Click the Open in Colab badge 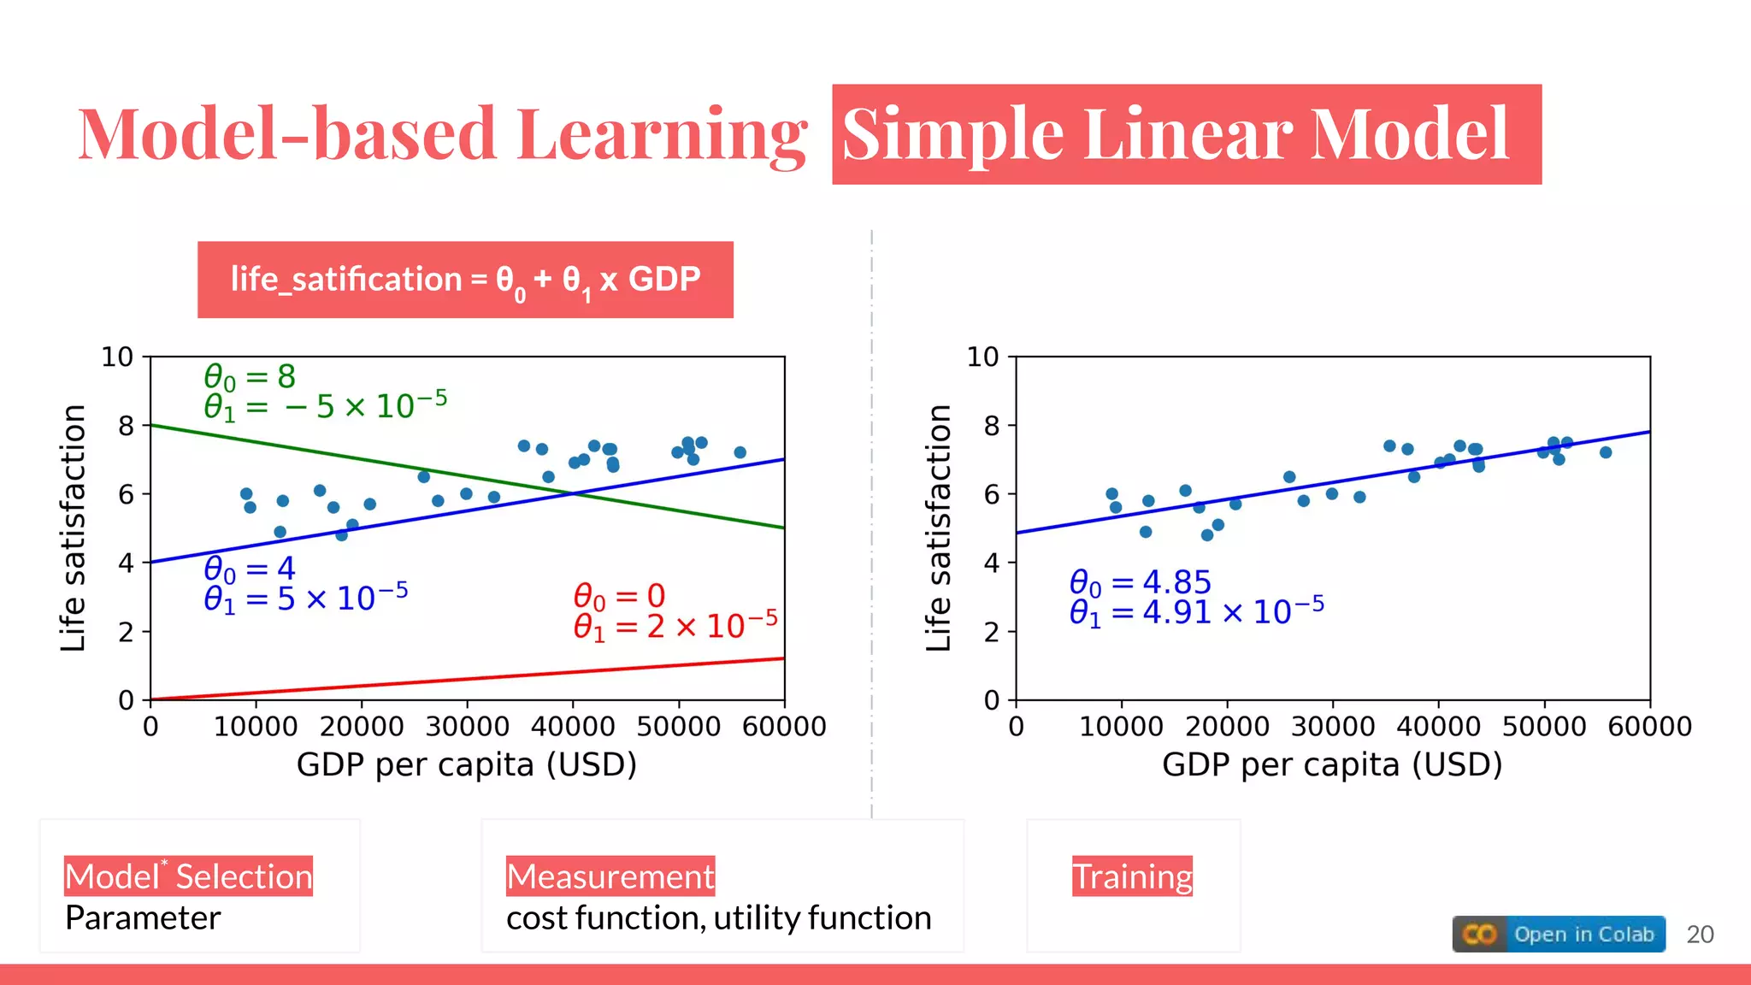[x=1558, y=934]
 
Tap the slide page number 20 [x=1700, y=935]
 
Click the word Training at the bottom [x=1132, y=876]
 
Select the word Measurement [x=610, y=876]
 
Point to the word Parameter [x=143, y=918]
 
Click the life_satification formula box [x=465, y=280]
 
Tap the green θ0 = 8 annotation [x=250, y=376]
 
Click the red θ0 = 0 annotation [x=619, y=595]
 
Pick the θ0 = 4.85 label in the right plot [x=1140, y=582]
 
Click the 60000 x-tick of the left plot [x=784, y=727]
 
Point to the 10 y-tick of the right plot [x=982, y=357]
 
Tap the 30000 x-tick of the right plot [x=1332, y=727]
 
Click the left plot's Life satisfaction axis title [x=74, y=528]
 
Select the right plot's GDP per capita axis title [x=1331, y=764]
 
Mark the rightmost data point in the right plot [x=1606, y=452]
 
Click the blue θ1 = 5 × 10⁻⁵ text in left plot [x=305, y=598]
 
